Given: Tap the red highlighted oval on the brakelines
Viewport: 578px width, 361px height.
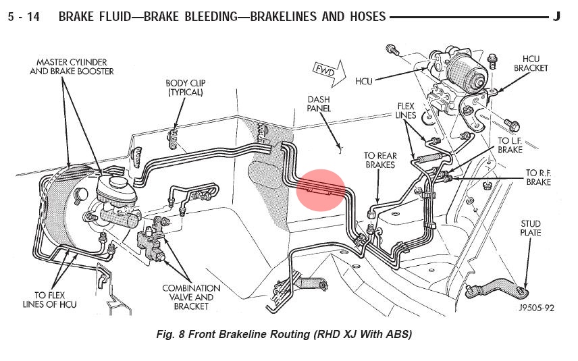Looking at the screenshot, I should [321, 190].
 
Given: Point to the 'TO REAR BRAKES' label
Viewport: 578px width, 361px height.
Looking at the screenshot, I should [381, 160].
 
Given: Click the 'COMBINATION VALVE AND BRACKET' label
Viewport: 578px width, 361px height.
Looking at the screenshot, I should [191, 298].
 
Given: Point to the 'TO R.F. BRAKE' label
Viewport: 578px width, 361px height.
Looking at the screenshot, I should [538, 177].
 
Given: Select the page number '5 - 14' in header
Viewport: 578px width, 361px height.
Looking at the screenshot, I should [23, 16].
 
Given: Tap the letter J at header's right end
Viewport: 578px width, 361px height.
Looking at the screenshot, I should [556, 16].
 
